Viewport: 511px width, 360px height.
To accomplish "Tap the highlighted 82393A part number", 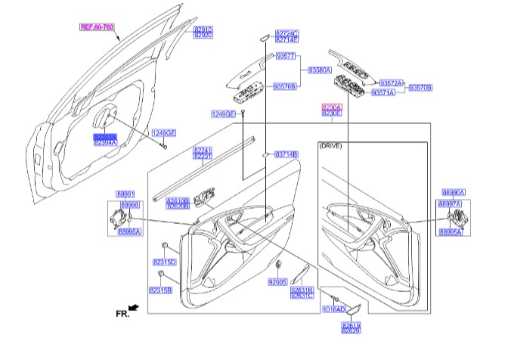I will pos(105,135).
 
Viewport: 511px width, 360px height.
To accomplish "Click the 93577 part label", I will pos(286,57).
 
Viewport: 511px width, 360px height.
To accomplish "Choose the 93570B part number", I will pos(421,88).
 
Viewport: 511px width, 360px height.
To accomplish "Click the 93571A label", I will pos(383,92).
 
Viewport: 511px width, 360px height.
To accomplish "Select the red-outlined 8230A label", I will pos(332,107).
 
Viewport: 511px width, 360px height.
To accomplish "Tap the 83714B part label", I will pos(286,154).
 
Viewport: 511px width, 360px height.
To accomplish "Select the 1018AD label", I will pos(333,309).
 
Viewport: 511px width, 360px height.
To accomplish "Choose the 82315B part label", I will pos(160,290).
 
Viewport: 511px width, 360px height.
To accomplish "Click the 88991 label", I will pos(125,194).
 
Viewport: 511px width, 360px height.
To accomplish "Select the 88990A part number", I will pos(453,193).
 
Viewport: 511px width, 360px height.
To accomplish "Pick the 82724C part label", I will pos(286,33).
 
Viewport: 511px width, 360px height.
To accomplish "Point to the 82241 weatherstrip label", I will pos(203,150).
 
